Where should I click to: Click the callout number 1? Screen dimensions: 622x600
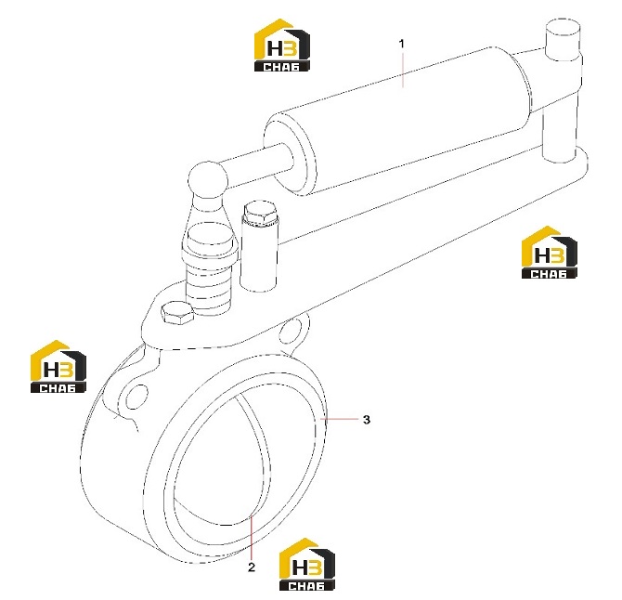(x=401, y=44)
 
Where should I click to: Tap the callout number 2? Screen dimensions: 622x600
(x=252, y=567)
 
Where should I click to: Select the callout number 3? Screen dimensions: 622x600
(x=367, y=420)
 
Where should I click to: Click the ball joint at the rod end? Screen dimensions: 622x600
(x=208, y=179)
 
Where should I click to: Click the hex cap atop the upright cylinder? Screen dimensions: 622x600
(x=261, y=215)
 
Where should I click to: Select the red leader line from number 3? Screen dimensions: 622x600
(x=340, y=419)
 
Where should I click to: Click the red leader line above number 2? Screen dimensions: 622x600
(x=251, y=537)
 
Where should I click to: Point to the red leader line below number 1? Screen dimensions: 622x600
(x=402, y=71)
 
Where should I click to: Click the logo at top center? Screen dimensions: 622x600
(x=281, y=46)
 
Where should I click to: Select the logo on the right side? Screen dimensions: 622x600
(x=549, y=253)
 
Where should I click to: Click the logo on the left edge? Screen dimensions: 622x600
(x=58, y=367)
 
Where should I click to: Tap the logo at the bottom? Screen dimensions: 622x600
(x=307, y=565)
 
